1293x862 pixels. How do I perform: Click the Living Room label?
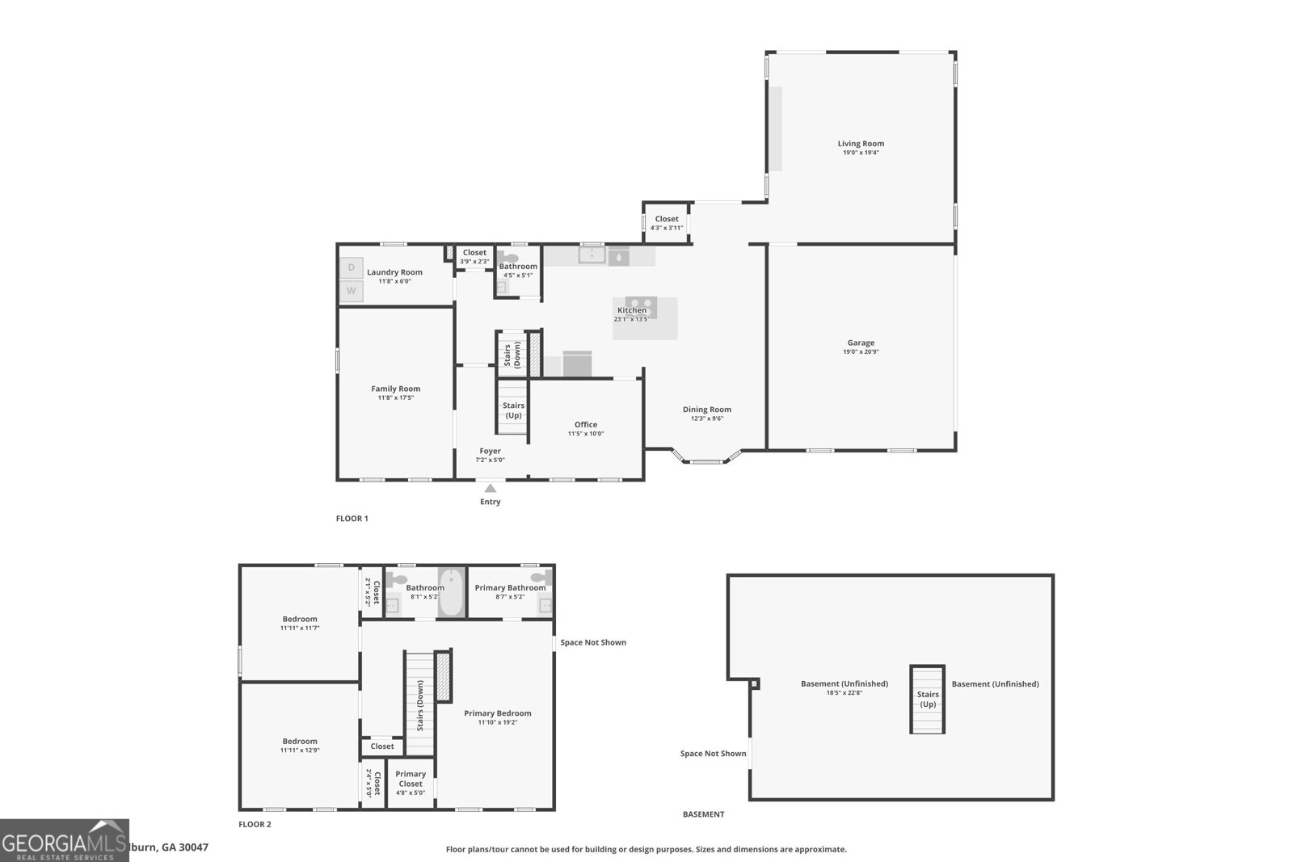click(861, 143)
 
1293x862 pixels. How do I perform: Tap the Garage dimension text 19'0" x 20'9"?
click(861, 351)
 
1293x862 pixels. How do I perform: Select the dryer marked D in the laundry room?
click(351, 267)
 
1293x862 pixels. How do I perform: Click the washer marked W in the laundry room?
click(351, 291)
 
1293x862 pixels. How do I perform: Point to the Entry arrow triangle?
click(490, 488)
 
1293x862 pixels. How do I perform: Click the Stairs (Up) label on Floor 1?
click(513, 410)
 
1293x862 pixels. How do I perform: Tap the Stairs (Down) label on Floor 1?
click(512, 355)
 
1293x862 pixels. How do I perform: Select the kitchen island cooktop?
click(641, 308)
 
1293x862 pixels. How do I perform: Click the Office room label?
click(586, 424)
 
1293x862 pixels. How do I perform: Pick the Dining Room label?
click(706, 410)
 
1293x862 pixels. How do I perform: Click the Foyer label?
click(490, 451)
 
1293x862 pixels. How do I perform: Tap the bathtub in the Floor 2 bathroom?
click(451, 593)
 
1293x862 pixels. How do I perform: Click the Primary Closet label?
click(411, 779)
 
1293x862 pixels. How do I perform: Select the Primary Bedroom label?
click(497, 713)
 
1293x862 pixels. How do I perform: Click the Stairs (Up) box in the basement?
click(927, 699)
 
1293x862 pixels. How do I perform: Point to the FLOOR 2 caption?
click(255, 825)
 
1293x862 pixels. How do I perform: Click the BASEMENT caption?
click(703, 814)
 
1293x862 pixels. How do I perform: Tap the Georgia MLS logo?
click(64, 840)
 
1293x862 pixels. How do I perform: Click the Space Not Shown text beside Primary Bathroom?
click(593, 642)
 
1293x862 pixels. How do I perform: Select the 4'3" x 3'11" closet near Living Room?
click(667, 223)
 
